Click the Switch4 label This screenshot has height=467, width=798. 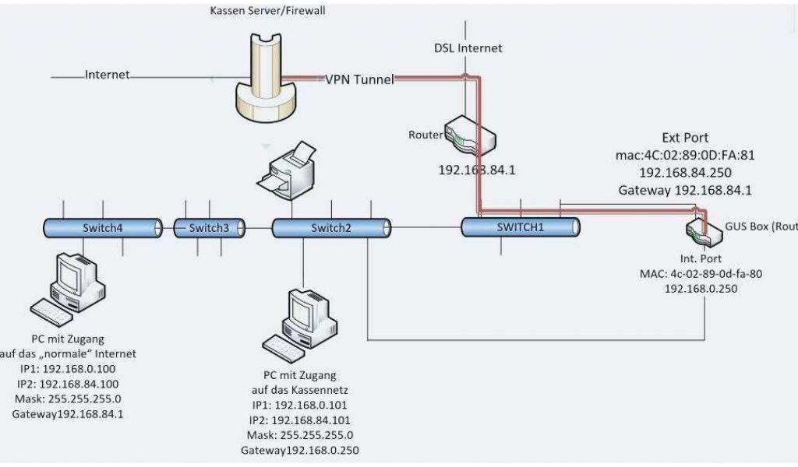tap(102, 228)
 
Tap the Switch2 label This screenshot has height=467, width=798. tap(330, 228)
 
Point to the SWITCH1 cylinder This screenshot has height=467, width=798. tap(521, 226)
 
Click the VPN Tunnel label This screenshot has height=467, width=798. tap(359, 79)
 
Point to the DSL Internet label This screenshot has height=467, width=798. tap(468, 48)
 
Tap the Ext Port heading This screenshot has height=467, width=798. tap(685, 138)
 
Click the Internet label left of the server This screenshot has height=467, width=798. tap(108, 75)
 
